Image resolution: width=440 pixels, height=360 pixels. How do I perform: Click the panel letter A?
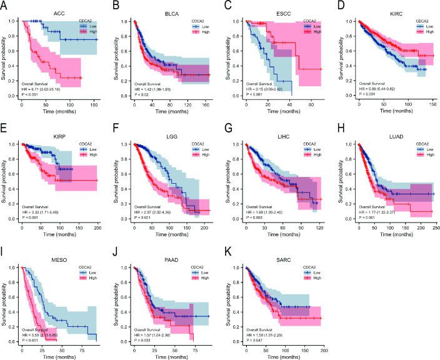tap(4, 6)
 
